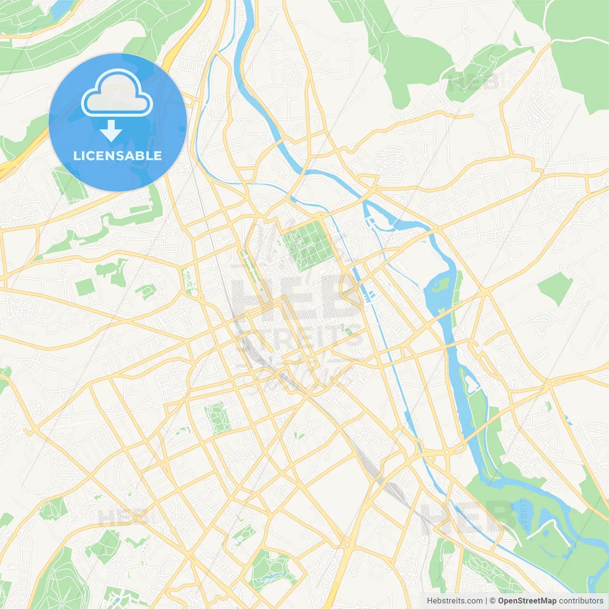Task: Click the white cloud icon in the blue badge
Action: click(117, 93)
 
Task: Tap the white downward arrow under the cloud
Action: click(111, 130)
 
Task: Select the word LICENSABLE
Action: click(118, 156)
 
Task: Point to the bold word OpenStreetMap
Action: click(527, 601)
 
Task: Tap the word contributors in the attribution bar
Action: click(580, 601)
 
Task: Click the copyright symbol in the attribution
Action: click(492, 601)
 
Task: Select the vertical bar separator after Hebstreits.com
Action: click(486, 601)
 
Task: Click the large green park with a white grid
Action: click(307, 245)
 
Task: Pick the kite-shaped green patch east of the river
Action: click(556, 288)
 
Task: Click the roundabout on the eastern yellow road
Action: click(549, 383)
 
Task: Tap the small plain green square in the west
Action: click(85, 287)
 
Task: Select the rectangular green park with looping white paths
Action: click(217, 417)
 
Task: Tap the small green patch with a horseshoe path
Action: click(147, 290)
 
